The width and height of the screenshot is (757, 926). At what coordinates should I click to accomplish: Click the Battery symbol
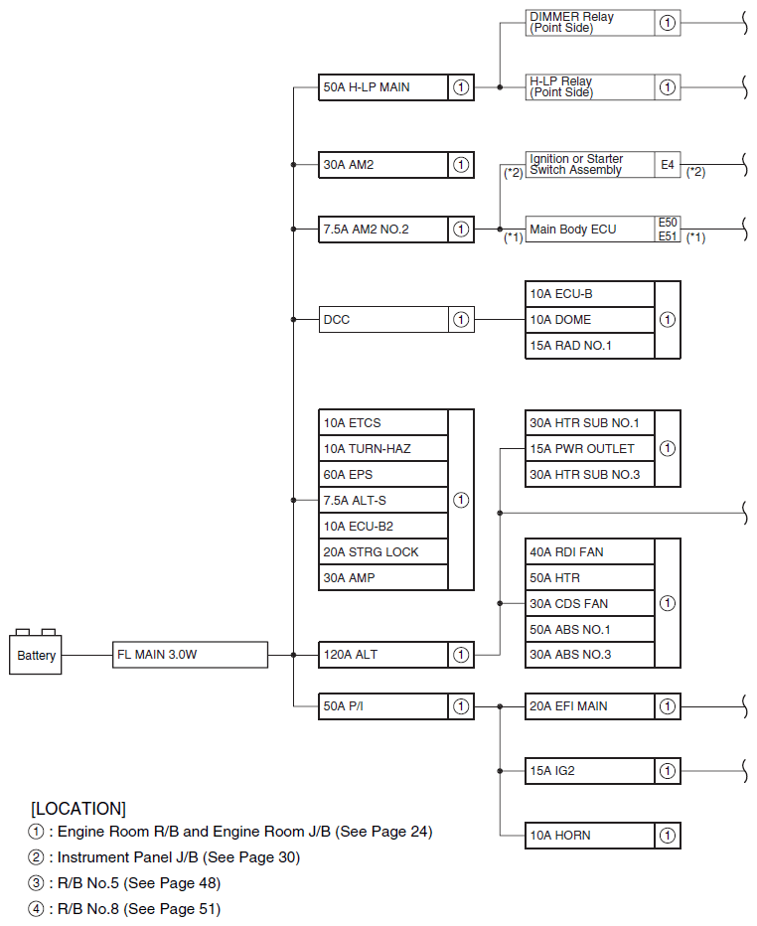(37, 654)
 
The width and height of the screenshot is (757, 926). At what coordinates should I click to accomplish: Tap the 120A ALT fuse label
(383, 655)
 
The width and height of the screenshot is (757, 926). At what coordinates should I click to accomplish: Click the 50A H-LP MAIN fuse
(383, 87)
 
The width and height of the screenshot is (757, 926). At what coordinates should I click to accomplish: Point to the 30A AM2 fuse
(383, 165)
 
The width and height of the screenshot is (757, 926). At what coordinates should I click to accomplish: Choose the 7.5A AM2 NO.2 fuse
(383, 230)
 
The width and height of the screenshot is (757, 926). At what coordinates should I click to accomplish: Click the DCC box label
(383, 320)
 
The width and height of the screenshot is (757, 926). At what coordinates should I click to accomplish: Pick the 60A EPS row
(383, 474)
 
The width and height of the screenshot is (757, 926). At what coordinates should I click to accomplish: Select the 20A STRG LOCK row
(383, 551)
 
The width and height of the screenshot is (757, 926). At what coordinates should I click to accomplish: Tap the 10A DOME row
(590, 320)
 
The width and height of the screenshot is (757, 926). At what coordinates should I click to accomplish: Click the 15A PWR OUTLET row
(590, 448)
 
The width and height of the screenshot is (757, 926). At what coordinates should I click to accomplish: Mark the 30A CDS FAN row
(590, 603)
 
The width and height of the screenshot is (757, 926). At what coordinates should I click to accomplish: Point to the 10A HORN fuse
(590, 836)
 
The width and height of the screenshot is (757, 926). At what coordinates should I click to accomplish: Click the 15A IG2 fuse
(590, 770)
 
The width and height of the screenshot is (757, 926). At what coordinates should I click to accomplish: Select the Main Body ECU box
(590, 230)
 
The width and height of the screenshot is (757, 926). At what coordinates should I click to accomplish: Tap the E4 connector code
(668, 164)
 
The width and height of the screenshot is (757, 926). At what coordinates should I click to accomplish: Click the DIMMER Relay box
(590, 23)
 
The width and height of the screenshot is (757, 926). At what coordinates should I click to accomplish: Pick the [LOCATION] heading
(78, 808)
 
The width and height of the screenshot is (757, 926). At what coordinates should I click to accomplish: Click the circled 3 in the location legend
(37, 883)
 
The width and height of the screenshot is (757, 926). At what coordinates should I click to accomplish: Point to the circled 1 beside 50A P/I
(461, 706)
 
